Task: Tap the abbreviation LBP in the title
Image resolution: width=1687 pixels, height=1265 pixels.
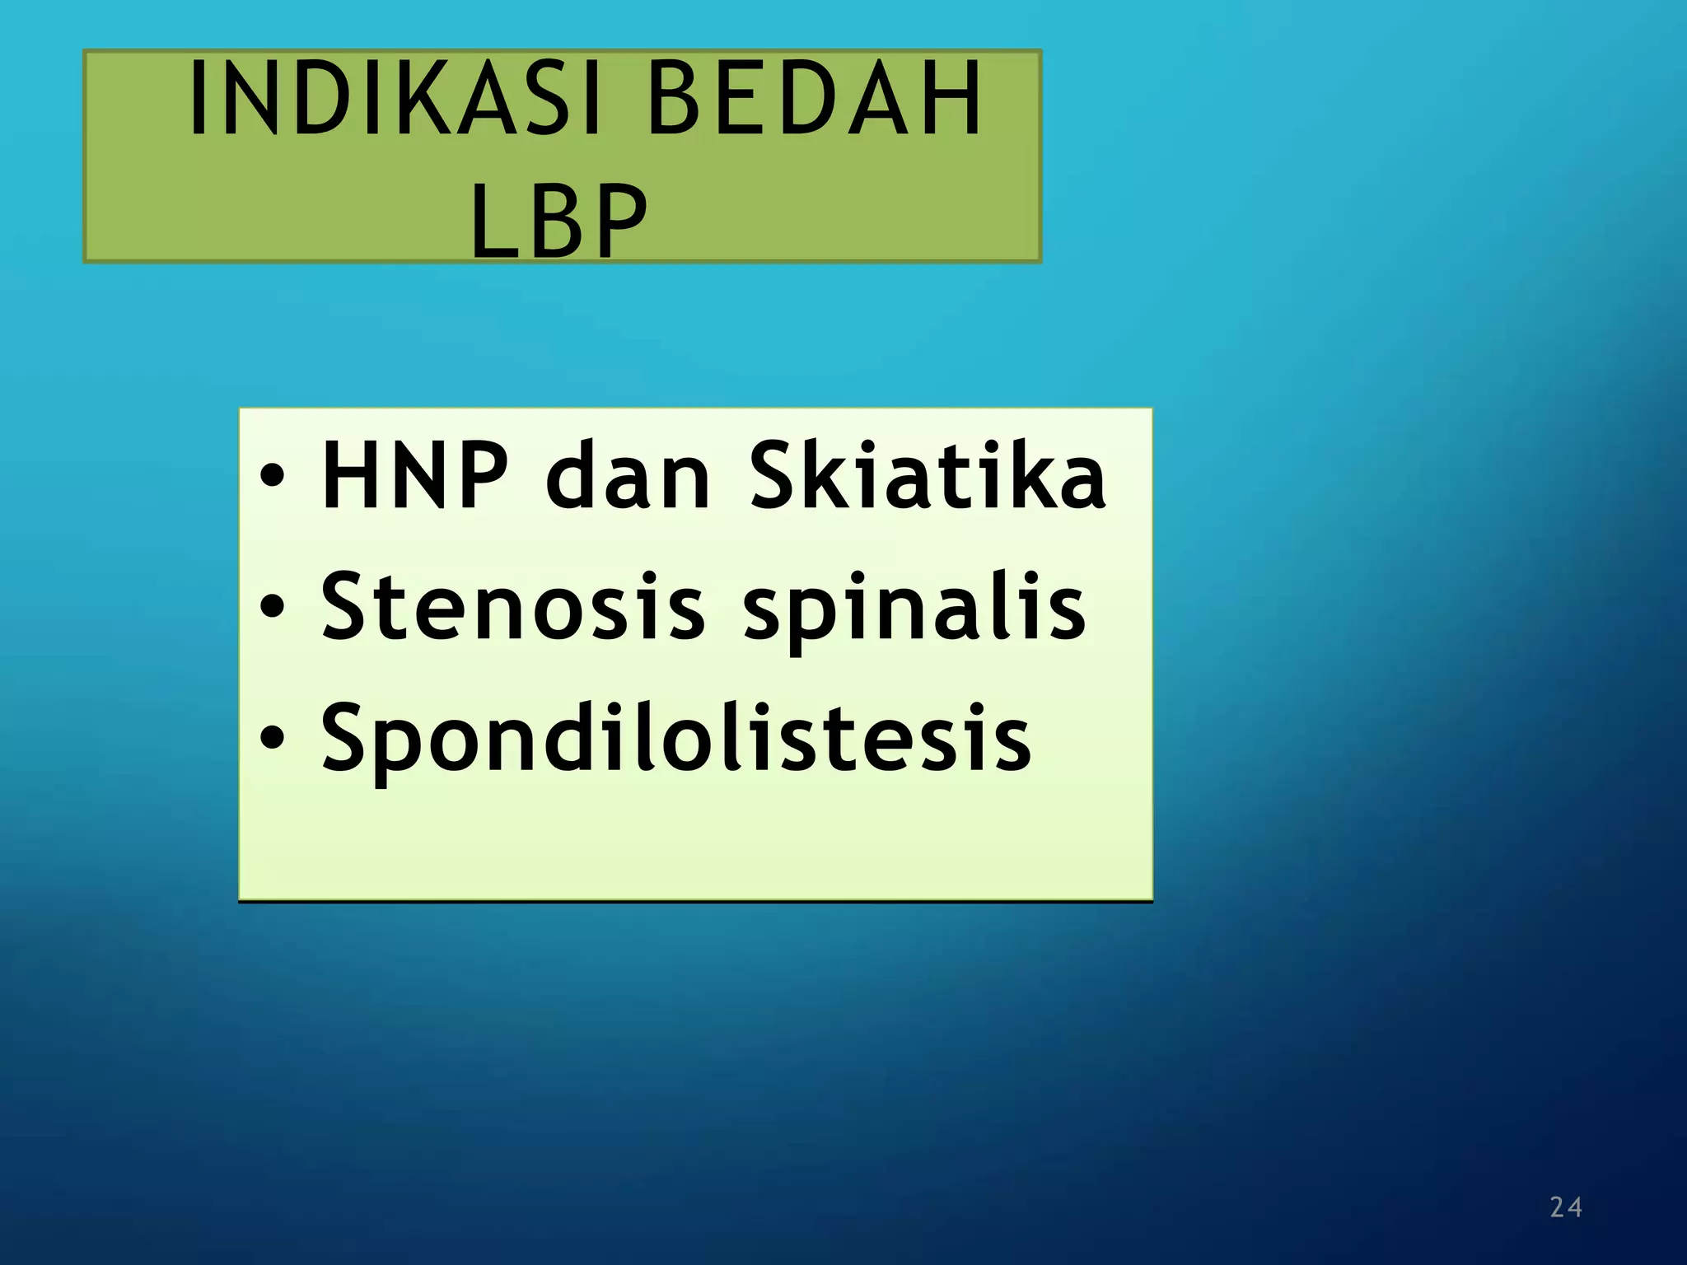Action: click(x=560, y=221)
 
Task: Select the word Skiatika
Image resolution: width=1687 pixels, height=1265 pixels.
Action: click(x=928, y=476)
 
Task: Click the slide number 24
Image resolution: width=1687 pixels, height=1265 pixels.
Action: click(x=1565, y=1207)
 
